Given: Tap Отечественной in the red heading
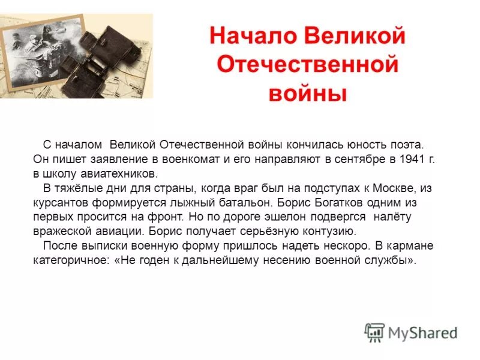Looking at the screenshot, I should (x=307, y=64).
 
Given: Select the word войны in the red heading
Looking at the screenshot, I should (x=307, y=93).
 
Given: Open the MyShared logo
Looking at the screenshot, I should (x=411, y=332).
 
